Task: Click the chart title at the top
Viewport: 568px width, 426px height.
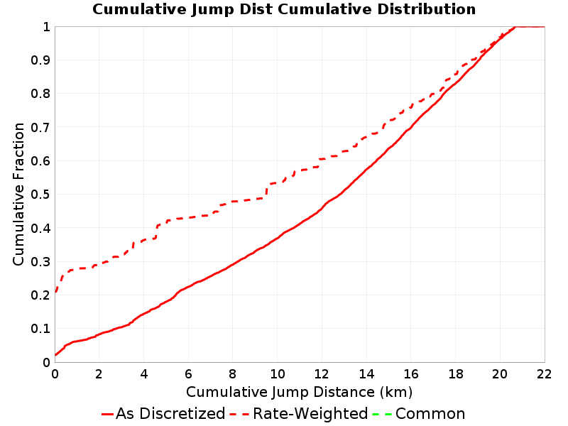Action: click(x=284, y=9)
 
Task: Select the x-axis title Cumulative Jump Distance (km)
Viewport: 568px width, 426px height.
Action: click(x=299, y=392)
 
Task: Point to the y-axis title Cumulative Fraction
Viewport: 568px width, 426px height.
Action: click(x=18, y=194)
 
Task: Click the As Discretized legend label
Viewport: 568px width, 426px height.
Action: click(x=170, y=413)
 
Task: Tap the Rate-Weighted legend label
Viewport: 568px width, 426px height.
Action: click(x=310, y=413)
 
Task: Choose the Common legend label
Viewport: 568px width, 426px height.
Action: click(x=430, y=413)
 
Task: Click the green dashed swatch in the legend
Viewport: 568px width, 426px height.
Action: click(x=382, y=414)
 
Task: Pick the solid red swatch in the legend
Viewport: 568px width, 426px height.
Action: click(x=108, y=414)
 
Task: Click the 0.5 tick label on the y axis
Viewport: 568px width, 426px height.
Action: click(x=40, y=195)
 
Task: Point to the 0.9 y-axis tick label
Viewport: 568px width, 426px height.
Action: click(x=40, y=60)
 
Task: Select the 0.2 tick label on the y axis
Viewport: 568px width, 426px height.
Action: click(x=40, y=295)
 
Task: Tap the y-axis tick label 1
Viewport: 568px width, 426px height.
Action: click(x=46, y=27)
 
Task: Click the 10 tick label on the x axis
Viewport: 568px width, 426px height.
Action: click(x=278, y=374)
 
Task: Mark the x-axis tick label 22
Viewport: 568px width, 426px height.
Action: click(x=544, y=374)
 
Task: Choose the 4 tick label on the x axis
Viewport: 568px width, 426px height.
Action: click(x=144, y=374)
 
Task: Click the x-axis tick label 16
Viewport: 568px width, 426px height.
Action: click(x=411, y=374)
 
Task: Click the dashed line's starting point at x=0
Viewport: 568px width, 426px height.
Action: click(x=55, y=292)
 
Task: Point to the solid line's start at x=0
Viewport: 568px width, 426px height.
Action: click(x=55, y=355)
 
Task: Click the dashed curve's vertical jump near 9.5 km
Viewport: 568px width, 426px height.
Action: click(x=267, y=191)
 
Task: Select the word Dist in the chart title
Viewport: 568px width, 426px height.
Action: click(x=256, y=9)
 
